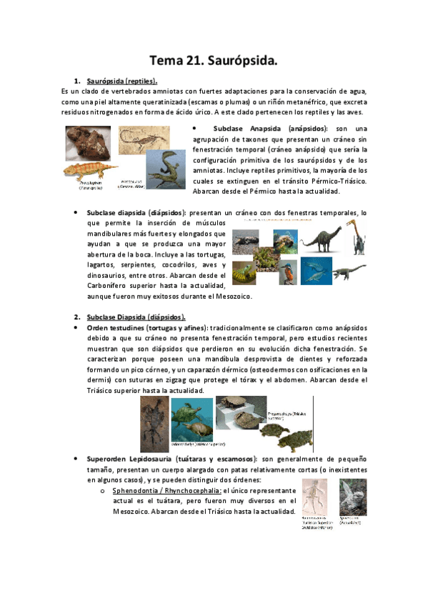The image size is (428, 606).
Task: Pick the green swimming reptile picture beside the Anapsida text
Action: pyautogui.click(x=166, y=169)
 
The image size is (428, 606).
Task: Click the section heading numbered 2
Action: pyautogui.click(x=135, y=316)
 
